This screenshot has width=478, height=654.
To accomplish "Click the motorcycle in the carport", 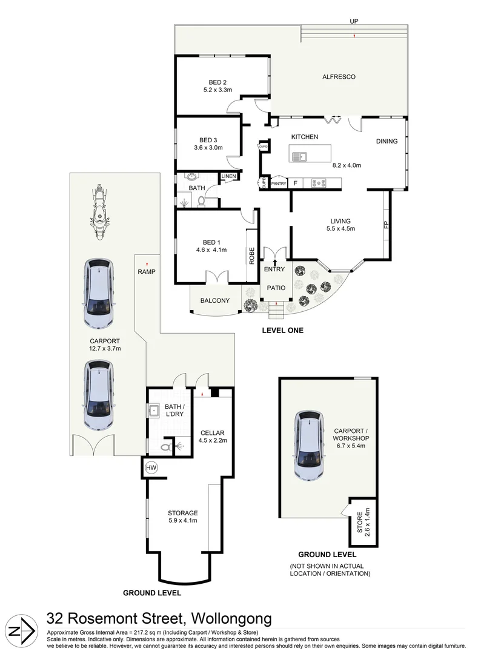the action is point(99,212).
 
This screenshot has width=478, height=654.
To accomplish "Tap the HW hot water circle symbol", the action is point(151,467).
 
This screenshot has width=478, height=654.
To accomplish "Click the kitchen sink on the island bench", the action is point(299,157).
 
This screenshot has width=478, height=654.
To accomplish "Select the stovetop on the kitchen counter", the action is point(319,183).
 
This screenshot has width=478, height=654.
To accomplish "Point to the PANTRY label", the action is point(279,183).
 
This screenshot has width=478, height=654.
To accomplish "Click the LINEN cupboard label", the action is point(228,176).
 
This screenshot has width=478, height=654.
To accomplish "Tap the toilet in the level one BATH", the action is point(201,202).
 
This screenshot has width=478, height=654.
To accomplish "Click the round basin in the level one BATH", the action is point(191,176).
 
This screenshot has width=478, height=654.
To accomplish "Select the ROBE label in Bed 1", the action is point(252,256).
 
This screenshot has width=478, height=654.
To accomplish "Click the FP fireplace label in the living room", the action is point(387,225).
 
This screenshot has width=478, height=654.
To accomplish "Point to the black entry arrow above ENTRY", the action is point(274,262).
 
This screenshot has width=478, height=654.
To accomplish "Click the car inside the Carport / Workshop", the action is point(308,446).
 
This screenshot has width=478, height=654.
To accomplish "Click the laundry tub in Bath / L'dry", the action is point(153,411).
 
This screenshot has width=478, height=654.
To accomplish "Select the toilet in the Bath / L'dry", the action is point(167,448).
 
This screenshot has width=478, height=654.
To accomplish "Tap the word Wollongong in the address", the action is point(231,618).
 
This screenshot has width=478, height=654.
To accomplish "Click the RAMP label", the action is point(147,271).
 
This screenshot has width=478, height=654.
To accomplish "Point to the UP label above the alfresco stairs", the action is point(354,21).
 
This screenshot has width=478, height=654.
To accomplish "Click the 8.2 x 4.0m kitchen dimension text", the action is point(347,165).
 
